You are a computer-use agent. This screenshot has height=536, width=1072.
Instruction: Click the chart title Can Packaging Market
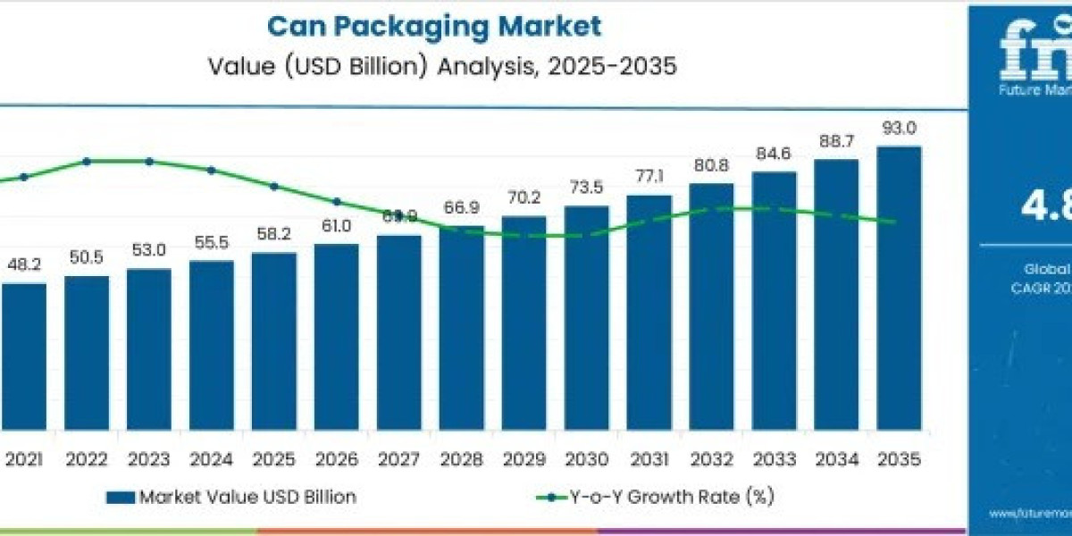[x=434, y=26]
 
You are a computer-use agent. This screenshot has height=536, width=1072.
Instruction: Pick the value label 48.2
[x=24, y=266]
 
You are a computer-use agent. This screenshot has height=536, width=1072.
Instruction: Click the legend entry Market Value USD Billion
[x=230, y=498]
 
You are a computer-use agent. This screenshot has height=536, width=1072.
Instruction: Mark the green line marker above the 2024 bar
[x=212, y=170]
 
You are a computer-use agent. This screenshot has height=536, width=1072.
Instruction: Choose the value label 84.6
[x=774, y=155]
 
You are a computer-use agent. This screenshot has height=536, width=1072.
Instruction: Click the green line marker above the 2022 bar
[x=87, y=162]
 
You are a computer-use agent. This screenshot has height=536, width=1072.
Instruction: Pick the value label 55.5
[x=211, y=244]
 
